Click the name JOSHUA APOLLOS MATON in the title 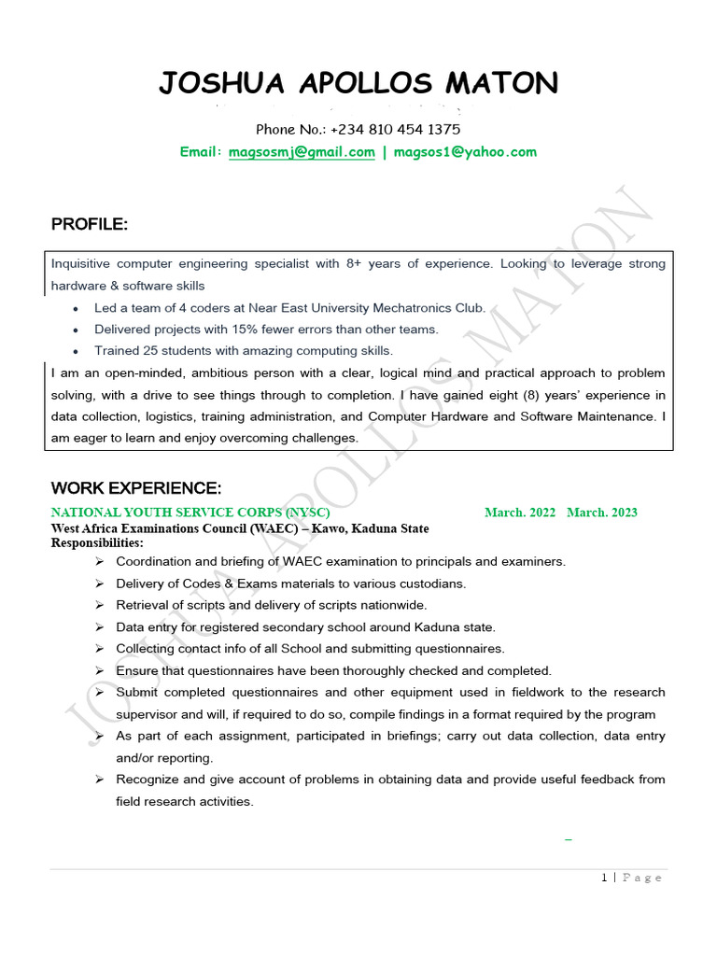tap(358, 84)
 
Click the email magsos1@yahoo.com tap(465, 151)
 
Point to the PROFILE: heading tap(90, 225)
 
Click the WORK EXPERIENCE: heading tap(136, 488)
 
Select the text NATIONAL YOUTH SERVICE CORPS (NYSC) tap(190, 513)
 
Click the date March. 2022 tap(520, 513)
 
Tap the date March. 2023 tap(602, 513)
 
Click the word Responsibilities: tap(97, 542)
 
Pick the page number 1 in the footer tap(604, 878)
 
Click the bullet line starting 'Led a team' tap(289, 307)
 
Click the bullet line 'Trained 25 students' tap(244, 351)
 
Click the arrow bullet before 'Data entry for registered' tap(100, 627)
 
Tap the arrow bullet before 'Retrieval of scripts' tap(100, 605)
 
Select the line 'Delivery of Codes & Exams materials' tap(290, 583)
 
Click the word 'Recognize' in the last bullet tap(146, 780)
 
